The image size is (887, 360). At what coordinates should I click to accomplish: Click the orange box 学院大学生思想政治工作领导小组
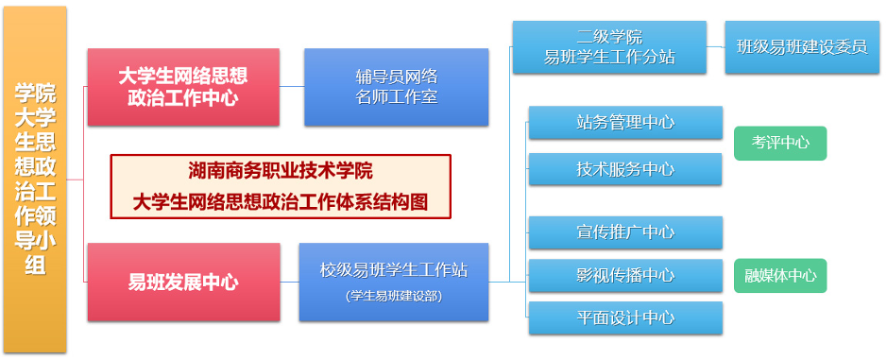[35, 180]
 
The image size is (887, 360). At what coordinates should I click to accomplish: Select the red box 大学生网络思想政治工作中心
[183, 87]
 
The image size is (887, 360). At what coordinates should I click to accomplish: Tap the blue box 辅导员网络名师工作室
[396, 87]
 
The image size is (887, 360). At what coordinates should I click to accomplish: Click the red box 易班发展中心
[183, 282]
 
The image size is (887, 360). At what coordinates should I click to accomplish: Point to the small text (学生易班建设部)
[393, 296]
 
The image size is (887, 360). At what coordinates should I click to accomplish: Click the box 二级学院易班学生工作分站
[609, 47]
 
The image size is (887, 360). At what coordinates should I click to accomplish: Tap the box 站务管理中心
[624, 122]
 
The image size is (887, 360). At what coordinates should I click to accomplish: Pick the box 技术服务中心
[624, 169]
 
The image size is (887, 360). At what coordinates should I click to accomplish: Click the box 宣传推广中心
[624, 232]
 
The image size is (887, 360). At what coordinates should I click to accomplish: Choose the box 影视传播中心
[624, 275]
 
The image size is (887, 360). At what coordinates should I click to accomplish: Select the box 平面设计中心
[624, 318]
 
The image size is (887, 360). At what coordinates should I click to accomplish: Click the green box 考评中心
[779, 144]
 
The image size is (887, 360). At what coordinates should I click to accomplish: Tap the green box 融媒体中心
[779, 276]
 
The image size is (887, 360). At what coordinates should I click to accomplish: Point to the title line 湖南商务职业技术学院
[281, 172]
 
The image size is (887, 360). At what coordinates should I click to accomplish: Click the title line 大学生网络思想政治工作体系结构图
[281, 201]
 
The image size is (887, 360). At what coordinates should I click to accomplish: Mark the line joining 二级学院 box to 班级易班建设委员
[715, 47]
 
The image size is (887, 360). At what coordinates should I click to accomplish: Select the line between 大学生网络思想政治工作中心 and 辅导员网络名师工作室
[292, 87]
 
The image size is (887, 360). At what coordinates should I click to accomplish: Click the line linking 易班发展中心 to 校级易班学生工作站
[289, 282]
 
